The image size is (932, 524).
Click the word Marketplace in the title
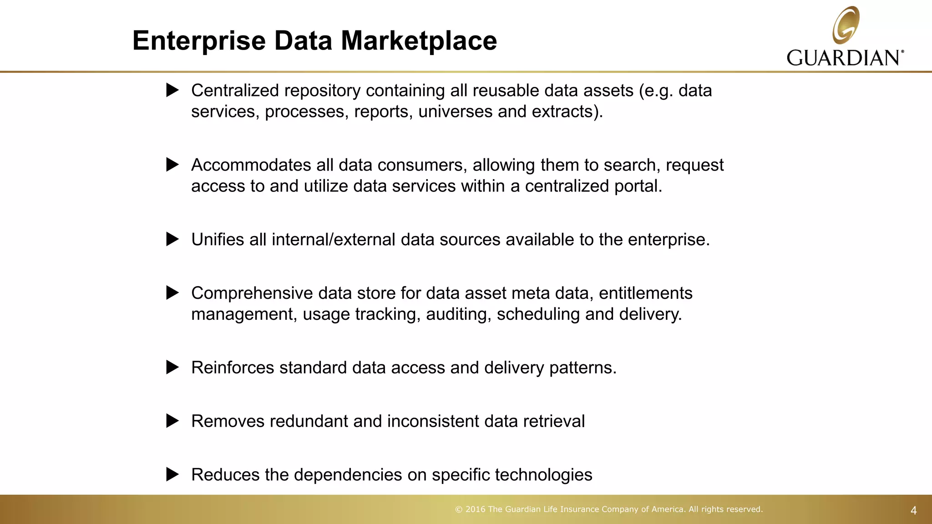419,41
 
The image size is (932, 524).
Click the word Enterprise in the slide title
199,41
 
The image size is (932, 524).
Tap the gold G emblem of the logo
846,25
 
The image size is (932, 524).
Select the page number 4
913,510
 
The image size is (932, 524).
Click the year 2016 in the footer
475,509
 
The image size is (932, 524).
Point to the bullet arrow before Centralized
172,90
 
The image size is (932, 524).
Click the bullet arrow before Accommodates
172,165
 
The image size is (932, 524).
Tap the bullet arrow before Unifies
172,239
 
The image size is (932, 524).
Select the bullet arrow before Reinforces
172,368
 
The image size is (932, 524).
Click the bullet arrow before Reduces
172,474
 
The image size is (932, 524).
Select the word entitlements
645,293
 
